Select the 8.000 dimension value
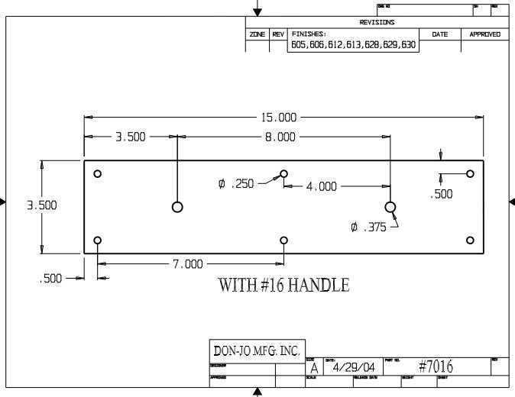[x=280, y=137]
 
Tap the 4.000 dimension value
[x=322, y=186]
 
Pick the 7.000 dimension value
[x=188, y=264]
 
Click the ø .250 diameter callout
[x=236, y=184]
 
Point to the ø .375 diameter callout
[x=369, y=227]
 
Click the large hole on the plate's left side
[x=177, y=207]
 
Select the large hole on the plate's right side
[x=390, y=207]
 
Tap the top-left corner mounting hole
[x=97, y=174]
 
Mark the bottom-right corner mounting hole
[x=470, y=240]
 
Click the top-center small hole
[x=283, y=174]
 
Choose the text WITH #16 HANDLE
[x=284, y=286]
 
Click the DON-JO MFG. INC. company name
[x=256, y=351]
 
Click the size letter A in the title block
[x=313, y=369]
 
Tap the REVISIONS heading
[x=377, y=23]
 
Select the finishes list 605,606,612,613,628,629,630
[x=353, y=45]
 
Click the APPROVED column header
[x=484, y=34]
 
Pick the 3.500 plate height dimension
[x=41, y=205]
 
